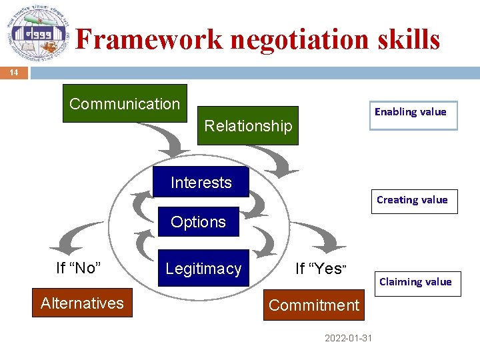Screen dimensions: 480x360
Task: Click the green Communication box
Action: click(125, 103)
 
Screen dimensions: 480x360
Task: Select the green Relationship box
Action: click(247, 125)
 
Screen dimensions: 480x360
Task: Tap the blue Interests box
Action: click(201, 182)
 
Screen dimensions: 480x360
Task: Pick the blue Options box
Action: click(198, 222)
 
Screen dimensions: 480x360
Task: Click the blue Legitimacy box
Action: click(203, 268)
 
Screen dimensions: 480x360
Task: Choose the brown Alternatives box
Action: click(82, 303)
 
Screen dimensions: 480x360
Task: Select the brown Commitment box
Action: click(313, 305)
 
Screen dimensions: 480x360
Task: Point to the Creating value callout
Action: click(414, 200)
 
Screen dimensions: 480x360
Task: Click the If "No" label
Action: click(79, 268)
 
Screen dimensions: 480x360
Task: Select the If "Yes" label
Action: click(321, 269)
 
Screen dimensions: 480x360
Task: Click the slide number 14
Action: click(13, 72)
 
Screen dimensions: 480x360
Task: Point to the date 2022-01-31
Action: click(348, 338)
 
